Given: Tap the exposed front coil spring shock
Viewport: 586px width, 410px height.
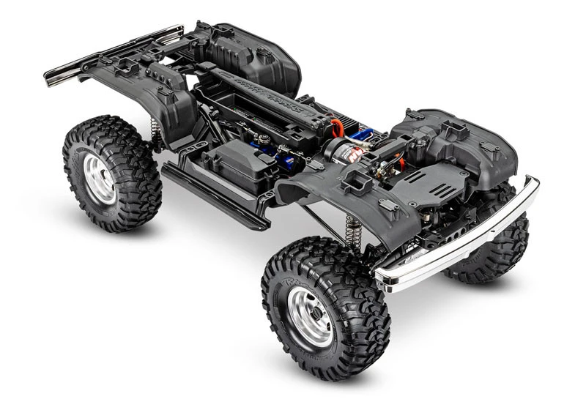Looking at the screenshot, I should click(x=354, y=230).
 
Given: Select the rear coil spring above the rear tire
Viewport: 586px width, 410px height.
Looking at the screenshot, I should click(x=155, y=133).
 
